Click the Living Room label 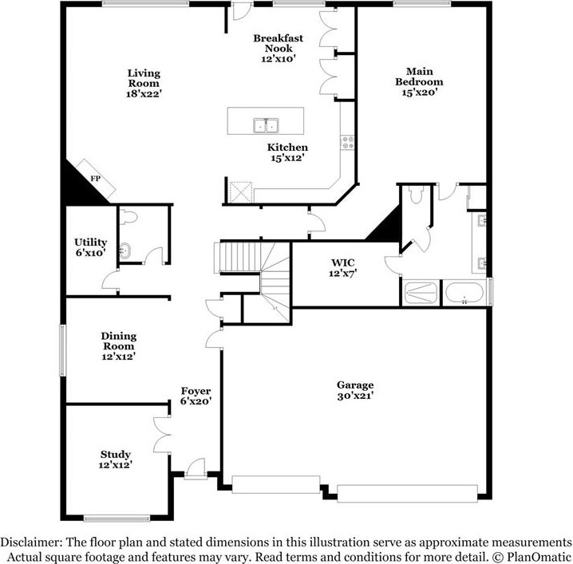143,78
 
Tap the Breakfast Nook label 278,43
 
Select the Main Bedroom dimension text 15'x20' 420,93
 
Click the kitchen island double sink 266,125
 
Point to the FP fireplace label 95,179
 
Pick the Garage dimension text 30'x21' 354,395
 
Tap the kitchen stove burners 348,143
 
